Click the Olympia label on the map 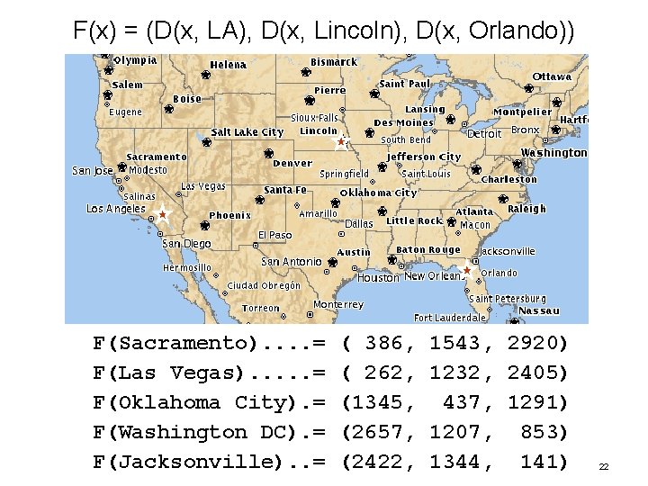tap(135, 60)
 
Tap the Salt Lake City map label tap(247, 132)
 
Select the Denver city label tap(292, 164)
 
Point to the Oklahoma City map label tap(378, 193)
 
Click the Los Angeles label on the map tap(115, 209)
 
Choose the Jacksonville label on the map tap(507, 251)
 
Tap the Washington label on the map tap(553, 153)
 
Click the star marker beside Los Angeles tap(162, 214)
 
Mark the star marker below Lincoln tap(341, 142)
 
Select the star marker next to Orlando tap(467, 270)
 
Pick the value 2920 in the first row tap(537, 343)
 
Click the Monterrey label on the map tap(337, 305)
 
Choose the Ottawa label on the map tap(552, 76)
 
